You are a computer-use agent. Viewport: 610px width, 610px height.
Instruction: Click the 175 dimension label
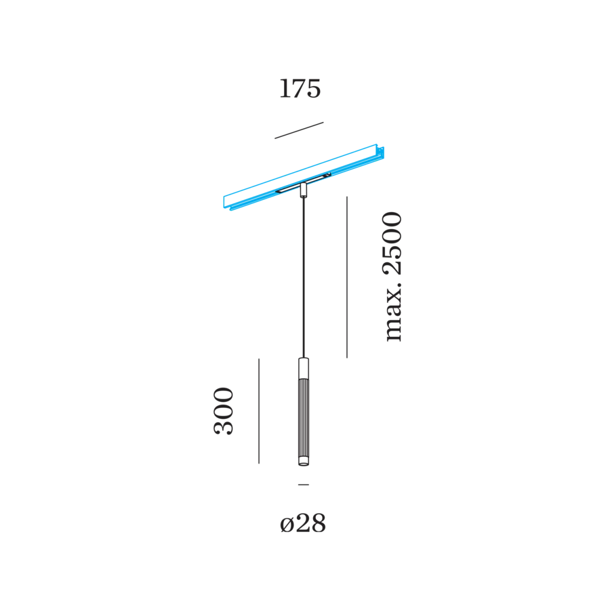pos(300,89)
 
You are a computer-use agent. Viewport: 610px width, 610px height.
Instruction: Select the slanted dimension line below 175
pos(299,130)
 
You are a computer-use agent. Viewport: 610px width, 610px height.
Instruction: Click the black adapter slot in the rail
pos(303,183)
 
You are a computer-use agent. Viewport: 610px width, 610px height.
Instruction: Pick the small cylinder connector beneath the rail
pos(304,190)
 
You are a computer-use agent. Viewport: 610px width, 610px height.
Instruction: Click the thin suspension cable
pos(304,277)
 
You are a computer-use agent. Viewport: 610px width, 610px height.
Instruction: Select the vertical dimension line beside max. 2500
pos(347,277)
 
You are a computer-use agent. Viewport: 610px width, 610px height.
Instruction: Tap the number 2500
pos(392,243)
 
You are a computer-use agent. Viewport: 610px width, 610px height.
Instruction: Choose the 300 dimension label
pos(224,411)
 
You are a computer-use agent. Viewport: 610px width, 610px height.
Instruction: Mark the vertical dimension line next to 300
pos(259,411)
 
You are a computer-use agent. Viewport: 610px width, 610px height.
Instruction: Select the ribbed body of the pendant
pos(304,419)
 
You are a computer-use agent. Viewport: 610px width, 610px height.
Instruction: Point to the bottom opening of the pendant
pos(304,462)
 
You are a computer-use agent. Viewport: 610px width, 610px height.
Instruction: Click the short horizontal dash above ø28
pos(304,485)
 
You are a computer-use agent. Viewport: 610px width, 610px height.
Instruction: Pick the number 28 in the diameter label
pos(310,523)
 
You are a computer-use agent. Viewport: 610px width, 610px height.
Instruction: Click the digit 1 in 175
pos(285,89)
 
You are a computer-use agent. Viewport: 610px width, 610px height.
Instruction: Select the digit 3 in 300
pos(224,428)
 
